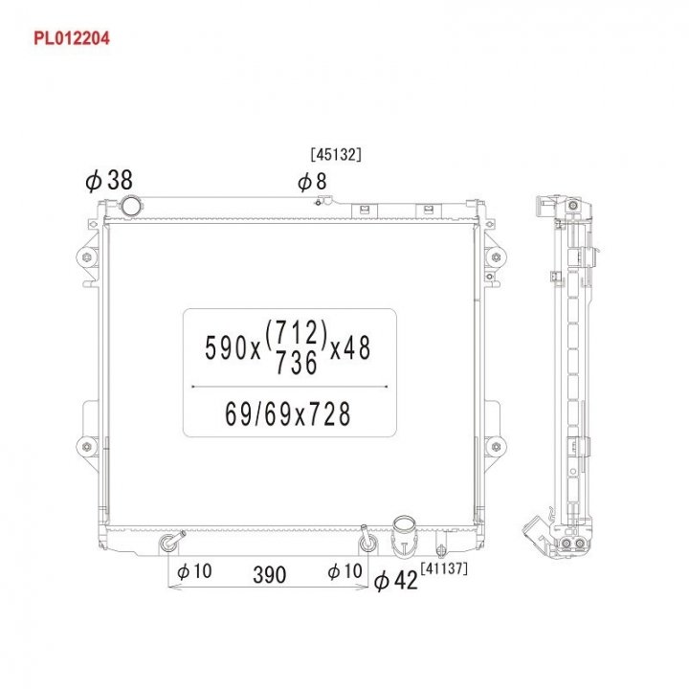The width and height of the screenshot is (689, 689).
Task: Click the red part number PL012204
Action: tap(72, 38)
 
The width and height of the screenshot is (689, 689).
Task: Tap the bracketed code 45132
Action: tap(336, 154)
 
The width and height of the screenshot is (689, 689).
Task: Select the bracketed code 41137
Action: tap(444, 568)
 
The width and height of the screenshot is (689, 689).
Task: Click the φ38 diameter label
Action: tap(108, 180)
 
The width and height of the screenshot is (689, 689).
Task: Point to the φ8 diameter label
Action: tap(312, 182)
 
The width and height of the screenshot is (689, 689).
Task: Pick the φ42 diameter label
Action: tap(395, 581)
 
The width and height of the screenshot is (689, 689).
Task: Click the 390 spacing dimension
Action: tap(269, 575)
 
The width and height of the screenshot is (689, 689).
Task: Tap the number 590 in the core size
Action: tap(227, 347)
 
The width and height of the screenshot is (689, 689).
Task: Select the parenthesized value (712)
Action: tap(297, 333)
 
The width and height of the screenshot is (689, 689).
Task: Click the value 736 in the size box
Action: tap(297, 363)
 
